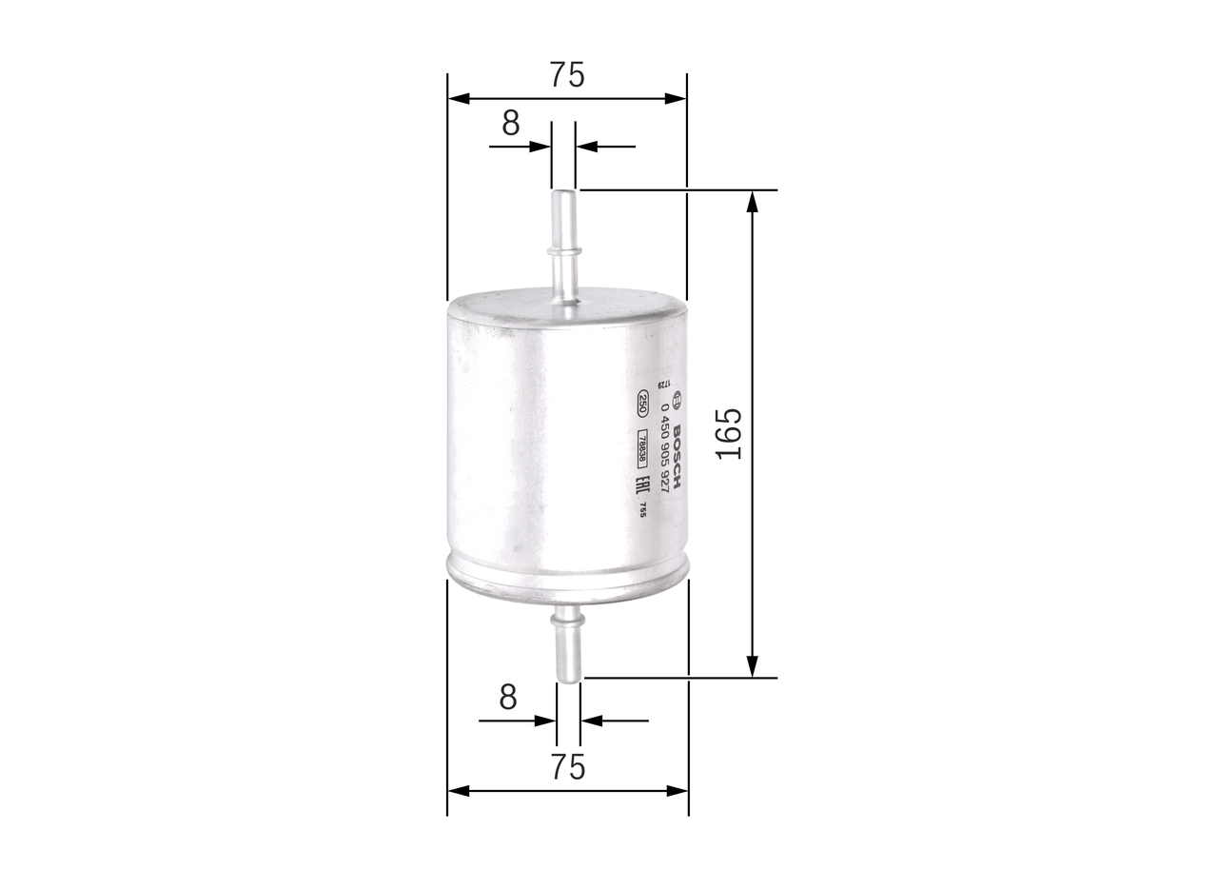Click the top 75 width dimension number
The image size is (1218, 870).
(x=566, y=75)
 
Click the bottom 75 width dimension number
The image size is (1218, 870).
(x=567, y=766)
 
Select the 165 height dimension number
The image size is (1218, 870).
(x=729, y=434)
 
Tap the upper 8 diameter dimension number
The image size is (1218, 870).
(x=511, y=124)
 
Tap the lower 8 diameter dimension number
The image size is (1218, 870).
(x=508, y=698)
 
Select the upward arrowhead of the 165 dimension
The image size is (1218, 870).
(x=753, y=200)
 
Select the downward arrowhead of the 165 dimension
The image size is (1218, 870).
(x=753, y=667)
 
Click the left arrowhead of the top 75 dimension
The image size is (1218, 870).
(x=458, y=98)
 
